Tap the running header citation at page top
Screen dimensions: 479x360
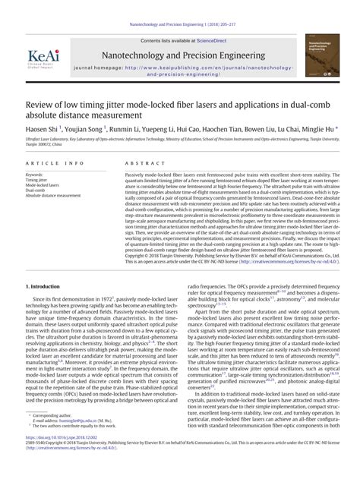coord(179,5)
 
